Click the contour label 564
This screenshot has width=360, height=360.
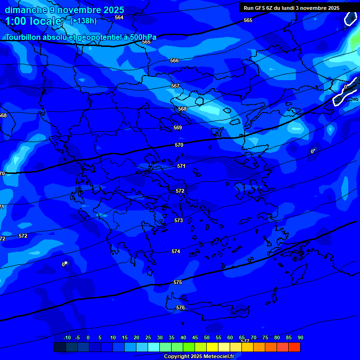click(x=119, y=17)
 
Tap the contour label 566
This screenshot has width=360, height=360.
click(x=174, y=60)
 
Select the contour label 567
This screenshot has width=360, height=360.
click(x=175, y=86)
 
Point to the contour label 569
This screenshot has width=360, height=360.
click(x=178, y=127)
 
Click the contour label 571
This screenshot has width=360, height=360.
click(x=181, y=166)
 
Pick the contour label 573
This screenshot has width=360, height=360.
click(x=179, y=220)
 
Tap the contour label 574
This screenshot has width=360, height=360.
click(x=176, y=251)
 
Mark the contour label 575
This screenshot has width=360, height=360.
click(x=178, y=282)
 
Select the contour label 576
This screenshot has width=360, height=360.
click(x=180, y=307)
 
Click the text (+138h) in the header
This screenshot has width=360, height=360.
click(x=83, y=21)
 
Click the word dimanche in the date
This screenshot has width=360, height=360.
click(x=26, y=10)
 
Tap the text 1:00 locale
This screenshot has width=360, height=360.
click(x=33, y=21)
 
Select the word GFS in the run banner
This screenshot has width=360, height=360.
click(x=260, y=8)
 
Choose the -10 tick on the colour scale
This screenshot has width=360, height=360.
click(x=67, y=337)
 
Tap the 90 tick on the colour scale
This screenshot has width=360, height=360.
click(x=300, y=337)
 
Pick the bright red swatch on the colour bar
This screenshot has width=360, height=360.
click(x=294, y=347)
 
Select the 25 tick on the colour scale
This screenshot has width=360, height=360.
click(x=148, y=337)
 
